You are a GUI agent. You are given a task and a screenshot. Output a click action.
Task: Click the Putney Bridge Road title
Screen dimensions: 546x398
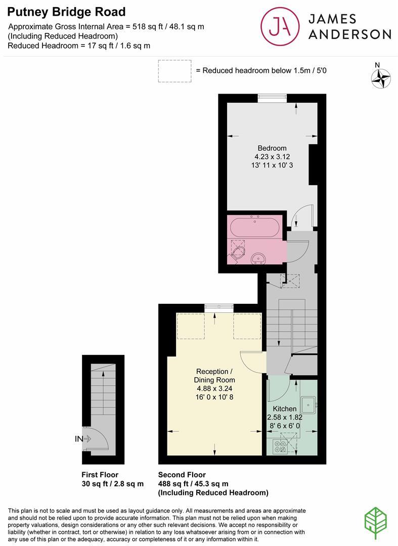pyautogui.click(x=67, y=12)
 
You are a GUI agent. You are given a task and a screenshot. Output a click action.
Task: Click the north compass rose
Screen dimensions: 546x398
pyautogui.click(x=381, y=78)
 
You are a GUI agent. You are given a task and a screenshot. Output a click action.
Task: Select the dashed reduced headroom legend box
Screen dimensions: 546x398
pyautogui.click(x=174, y=71)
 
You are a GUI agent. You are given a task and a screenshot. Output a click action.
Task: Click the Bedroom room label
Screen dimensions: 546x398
pyautogui.click(x=272, y=148)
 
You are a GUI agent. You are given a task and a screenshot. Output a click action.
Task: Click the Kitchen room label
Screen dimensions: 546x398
pyautogui.click(x=285, y=408)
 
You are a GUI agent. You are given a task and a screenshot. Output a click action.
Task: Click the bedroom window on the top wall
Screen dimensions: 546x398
pyautogui.click(x=272, y=98)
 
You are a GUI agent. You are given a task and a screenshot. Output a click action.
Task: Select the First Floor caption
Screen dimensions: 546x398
pyautogui.click(x=100, y=475)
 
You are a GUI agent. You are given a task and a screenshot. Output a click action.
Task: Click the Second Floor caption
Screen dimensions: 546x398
pyautogui.click(x=182, y=475)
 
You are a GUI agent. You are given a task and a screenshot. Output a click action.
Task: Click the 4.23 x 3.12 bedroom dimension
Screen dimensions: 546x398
pyautogui.click(x=272, y=157)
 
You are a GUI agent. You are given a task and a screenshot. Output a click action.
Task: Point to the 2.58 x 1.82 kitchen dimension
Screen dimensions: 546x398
pyautogui.click(x=285, y=417)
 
